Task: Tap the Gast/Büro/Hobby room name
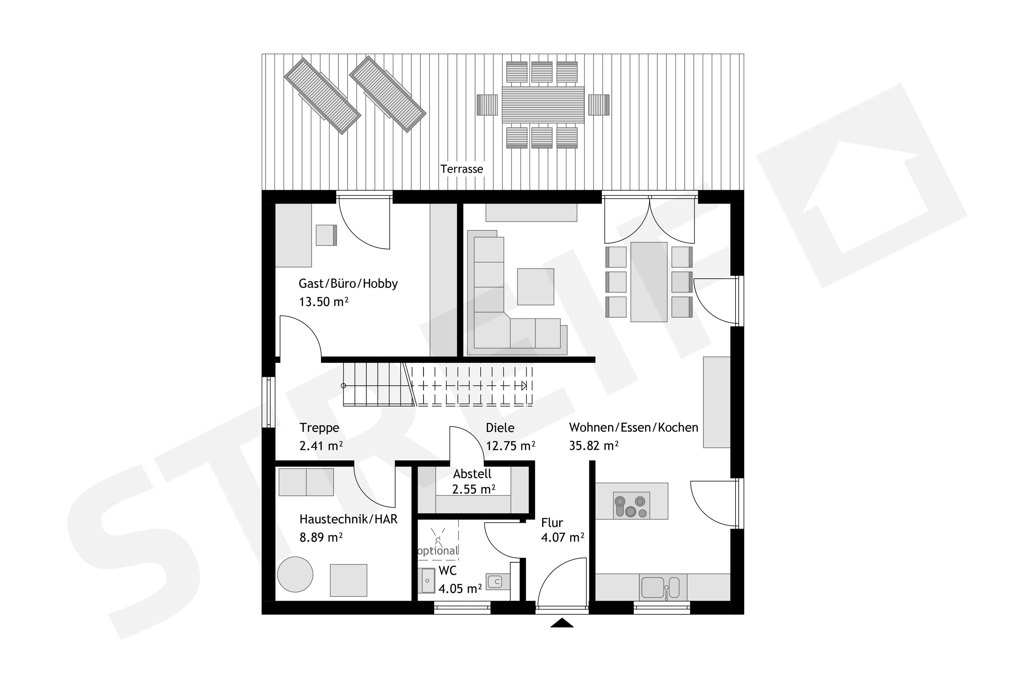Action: point(348,284)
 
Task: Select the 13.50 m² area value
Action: point(324,302)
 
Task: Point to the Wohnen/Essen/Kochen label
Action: point(633,428)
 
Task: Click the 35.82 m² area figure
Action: point(594,446)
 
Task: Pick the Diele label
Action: point(500,428)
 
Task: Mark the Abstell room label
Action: point(472,474)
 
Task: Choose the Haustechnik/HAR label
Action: point(348,519)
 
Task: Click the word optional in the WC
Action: point(438,551)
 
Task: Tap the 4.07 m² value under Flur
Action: point(562,538)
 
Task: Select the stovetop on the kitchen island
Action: point(631,505)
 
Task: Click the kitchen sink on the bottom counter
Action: point(660,587)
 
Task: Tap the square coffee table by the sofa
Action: point(536,287)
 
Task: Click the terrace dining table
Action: point(543,105)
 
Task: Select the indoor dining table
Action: point(648,282)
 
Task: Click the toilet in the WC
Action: point(498,581)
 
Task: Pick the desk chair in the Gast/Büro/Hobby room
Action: point(326,235)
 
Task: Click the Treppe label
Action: point(319,428)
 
